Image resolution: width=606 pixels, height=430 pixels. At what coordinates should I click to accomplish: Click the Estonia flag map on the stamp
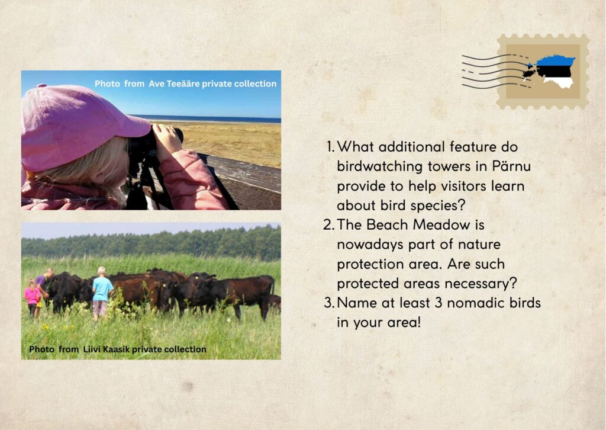[549, 72]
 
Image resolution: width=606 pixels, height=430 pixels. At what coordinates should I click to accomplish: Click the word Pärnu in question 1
[511, 166]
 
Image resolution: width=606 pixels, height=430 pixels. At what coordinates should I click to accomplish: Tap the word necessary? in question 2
[481, 284]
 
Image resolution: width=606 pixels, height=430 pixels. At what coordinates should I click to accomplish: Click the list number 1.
[330, 147]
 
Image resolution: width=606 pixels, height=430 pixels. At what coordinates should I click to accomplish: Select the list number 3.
[329, 303]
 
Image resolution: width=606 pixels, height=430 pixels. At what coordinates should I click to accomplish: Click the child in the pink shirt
[33, 298]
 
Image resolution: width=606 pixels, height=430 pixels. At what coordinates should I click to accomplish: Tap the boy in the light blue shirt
[102, 294]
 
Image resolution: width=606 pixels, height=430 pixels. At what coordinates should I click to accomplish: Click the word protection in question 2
[370, 265]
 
